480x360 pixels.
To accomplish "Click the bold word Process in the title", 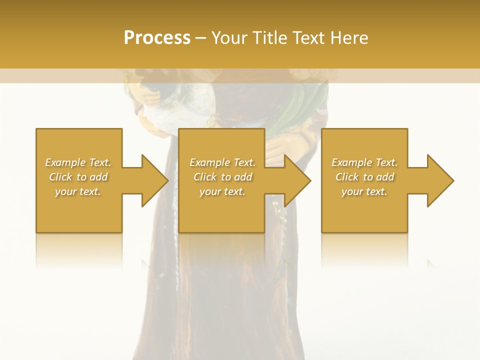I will (x=157, y=38).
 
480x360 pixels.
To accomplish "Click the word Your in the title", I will (x=228, y=38).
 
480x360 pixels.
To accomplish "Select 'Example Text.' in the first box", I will (x=78, y=162).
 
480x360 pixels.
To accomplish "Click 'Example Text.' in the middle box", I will (x=222, y=162).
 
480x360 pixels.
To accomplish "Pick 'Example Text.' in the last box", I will (x=364, y=162).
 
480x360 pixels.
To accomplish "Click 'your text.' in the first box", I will (x=78, y=191).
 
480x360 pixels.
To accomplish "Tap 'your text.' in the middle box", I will (x=222, y=191).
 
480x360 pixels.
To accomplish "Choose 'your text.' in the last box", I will (x=364, y=191).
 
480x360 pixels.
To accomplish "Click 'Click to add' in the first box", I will (x=78, y=177).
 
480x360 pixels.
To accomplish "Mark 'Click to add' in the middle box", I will (x=222, y=177).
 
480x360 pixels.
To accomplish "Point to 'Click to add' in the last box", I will (x=364, y=177).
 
